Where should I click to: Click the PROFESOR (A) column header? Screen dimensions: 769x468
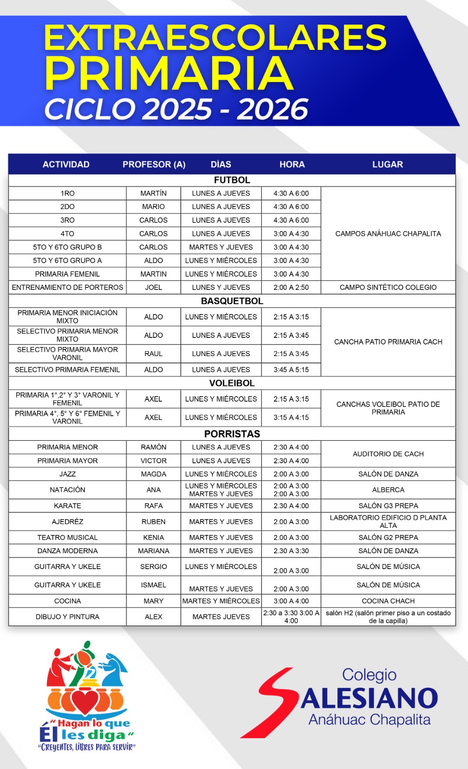point(154,164)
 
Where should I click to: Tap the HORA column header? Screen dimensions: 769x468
point(292,164)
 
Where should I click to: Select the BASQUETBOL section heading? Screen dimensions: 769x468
point(232,301)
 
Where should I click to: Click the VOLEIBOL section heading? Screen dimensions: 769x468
point(232,383)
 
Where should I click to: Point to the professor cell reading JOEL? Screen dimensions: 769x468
point(154,287)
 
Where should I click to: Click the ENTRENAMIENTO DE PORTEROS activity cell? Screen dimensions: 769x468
point(68,287)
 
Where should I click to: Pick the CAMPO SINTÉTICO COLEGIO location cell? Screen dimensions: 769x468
point(388,287)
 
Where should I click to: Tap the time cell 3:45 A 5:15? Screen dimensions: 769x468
point(291,370)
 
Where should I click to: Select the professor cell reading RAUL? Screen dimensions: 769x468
point(154,354)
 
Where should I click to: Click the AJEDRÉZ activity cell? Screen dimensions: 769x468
point(68,521)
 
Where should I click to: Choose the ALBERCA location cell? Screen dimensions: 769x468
point(388,490)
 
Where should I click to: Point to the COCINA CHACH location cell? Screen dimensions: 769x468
point(388,601)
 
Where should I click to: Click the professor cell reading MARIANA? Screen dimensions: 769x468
point(154,551)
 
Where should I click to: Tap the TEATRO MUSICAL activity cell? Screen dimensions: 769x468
point(68,537)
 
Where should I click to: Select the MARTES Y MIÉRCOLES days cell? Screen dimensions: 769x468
point(221,601)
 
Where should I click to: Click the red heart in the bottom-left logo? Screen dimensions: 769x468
point(86,701)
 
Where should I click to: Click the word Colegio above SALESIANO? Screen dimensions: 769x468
point(369,675)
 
